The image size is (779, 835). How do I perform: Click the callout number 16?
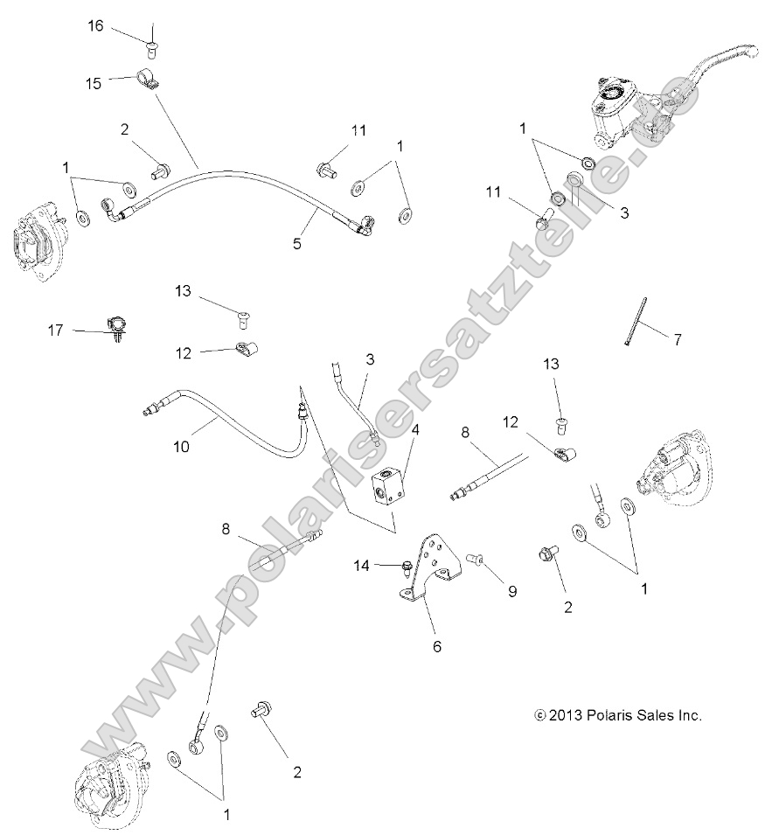point(95,25)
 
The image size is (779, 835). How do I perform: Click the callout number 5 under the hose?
point(297,244)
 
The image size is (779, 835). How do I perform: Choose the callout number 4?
point(415,429)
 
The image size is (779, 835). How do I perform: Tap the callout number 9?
point(512,591)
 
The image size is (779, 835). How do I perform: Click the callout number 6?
point(437,646)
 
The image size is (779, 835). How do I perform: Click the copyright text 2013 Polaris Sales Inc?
point(618,714)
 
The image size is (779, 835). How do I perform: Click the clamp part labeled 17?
point(115,326)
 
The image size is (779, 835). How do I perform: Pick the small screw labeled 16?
point(153,37)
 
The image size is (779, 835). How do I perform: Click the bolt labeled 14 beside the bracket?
point(407,567)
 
